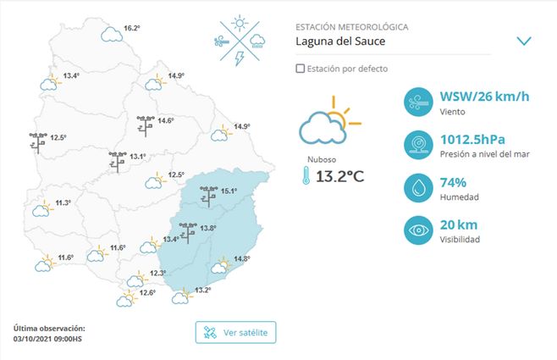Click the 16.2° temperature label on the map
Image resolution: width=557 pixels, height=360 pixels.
coord(132,28)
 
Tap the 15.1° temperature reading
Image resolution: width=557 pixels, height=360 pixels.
coord(229,191)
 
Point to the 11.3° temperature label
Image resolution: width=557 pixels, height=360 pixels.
coord(62,202)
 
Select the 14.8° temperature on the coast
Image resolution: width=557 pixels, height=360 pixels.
coord(242,259)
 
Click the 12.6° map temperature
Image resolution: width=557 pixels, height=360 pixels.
coord(147,292)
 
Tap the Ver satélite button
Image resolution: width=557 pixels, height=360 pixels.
coord(235,332)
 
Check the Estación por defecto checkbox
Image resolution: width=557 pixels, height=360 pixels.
coord(301,68)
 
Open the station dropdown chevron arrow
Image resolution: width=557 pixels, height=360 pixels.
coord(524,41)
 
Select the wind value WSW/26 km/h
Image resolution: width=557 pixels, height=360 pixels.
coord(485,96)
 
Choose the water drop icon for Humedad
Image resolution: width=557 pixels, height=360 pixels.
coord(419,187)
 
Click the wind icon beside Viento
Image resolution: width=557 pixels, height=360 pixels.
coord(419,101)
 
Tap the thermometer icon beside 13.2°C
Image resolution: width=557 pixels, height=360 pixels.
coord(303,176)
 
